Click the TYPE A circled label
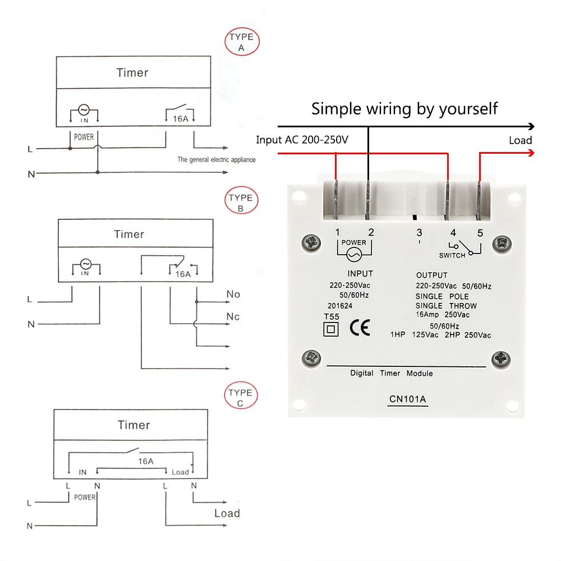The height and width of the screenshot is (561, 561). (242, 43)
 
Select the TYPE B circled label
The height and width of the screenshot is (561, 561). (241, 203)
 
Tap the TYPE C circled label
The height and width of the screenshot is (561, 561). (240, 398)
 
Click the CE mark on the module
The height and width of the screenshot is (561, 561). (360, 328)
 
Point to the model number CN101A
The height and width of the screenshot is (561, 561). (408, 400)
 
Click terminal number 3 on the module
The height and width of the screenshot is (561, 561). (419, 232)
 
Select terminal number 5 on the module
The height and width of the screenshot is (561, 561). (480, 232)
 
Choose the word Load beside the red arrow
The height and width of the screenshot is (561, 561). (520, 140)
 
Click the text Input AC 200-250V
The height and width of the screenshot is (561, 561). (302, 140)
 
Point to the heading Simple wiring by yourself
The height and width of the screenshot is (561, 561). (404, 108)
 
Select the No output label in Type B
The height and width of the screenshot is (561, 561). (233, 295)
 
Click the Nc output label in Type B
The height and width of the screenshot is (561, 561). (233, 317)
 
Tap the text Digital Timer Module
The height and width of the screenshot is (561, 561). (392, 373)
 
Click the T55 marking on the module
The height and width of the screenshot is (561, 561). (332, 316)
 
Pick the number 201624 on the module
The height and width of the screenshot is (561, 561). (341, 306)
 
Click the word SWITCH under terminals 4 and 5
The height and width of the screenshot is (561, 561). (452, 256)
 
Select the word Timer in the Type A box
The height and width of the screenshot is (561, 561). (132, 72)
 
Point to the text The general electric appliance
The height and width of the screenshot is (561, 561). (216, 160)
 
